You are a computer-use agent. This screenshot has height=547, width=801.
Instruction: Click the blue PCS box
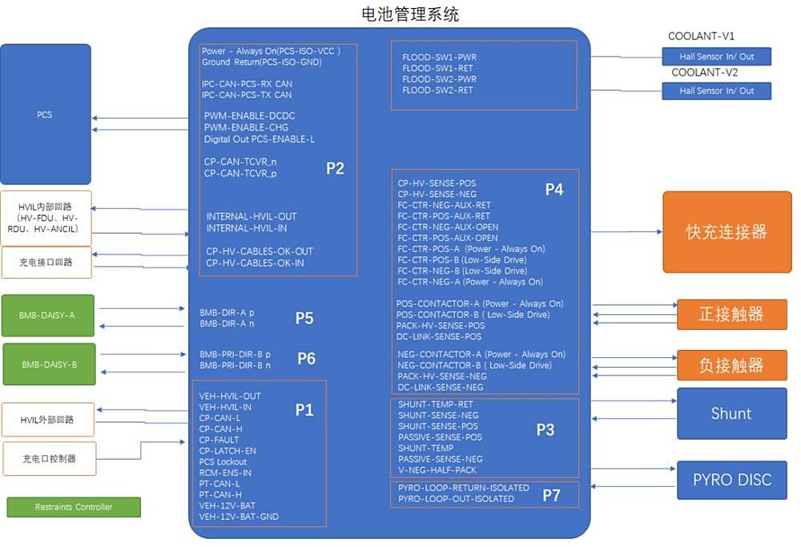(x=45, y=115)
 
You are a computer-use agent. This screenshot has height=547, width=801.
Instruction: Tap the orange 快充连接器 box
(x=727, y=232)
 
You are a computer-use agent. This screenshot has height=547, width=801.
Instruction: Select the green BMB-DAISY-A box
(x=48, y=316)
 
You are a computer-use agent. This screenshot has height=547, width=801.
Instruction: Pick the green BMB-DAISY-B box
(x=49, y=364)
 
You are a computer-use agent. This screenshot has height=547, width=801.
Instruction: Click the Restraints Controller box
(x=74, y=507)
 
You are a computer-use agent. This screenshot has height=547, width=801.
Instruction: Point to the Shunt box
(x=731, y=414)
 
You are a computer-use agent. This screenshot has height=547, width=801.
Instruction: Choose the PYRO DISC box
(x=732, y=481)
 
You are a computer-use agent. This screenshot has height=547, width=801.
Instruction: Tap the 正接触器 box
(x=731, y=314)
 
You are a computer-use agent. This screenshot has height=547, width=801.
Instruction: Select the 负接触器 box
(x=731, y=365)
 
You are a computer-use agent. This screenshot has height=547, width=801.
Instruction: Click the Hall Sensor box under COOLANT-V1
(x=717, y=57)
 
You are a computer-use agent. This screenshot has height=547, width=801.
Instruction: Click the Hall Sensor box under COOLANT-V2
(x=717, y=91)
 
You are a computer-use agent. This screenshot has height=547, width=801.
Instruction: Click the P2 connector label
(x=335, y=168)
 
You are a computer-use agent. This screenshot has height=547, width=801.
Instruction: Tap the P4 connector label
(x=554, y=189)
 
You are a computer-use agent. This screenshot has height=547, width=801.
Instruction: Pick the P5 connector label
(x=304, y=319)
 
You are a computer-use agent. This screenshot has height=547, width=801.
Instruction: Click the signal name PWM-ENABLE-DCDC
(x=249, y=116)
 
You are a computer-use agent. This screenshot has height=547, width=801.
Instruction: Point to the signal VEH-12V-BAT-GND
(x=239, y=517)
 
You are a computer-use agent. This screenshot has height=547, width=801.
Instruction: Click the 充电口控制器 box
(x=49, y=460)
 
